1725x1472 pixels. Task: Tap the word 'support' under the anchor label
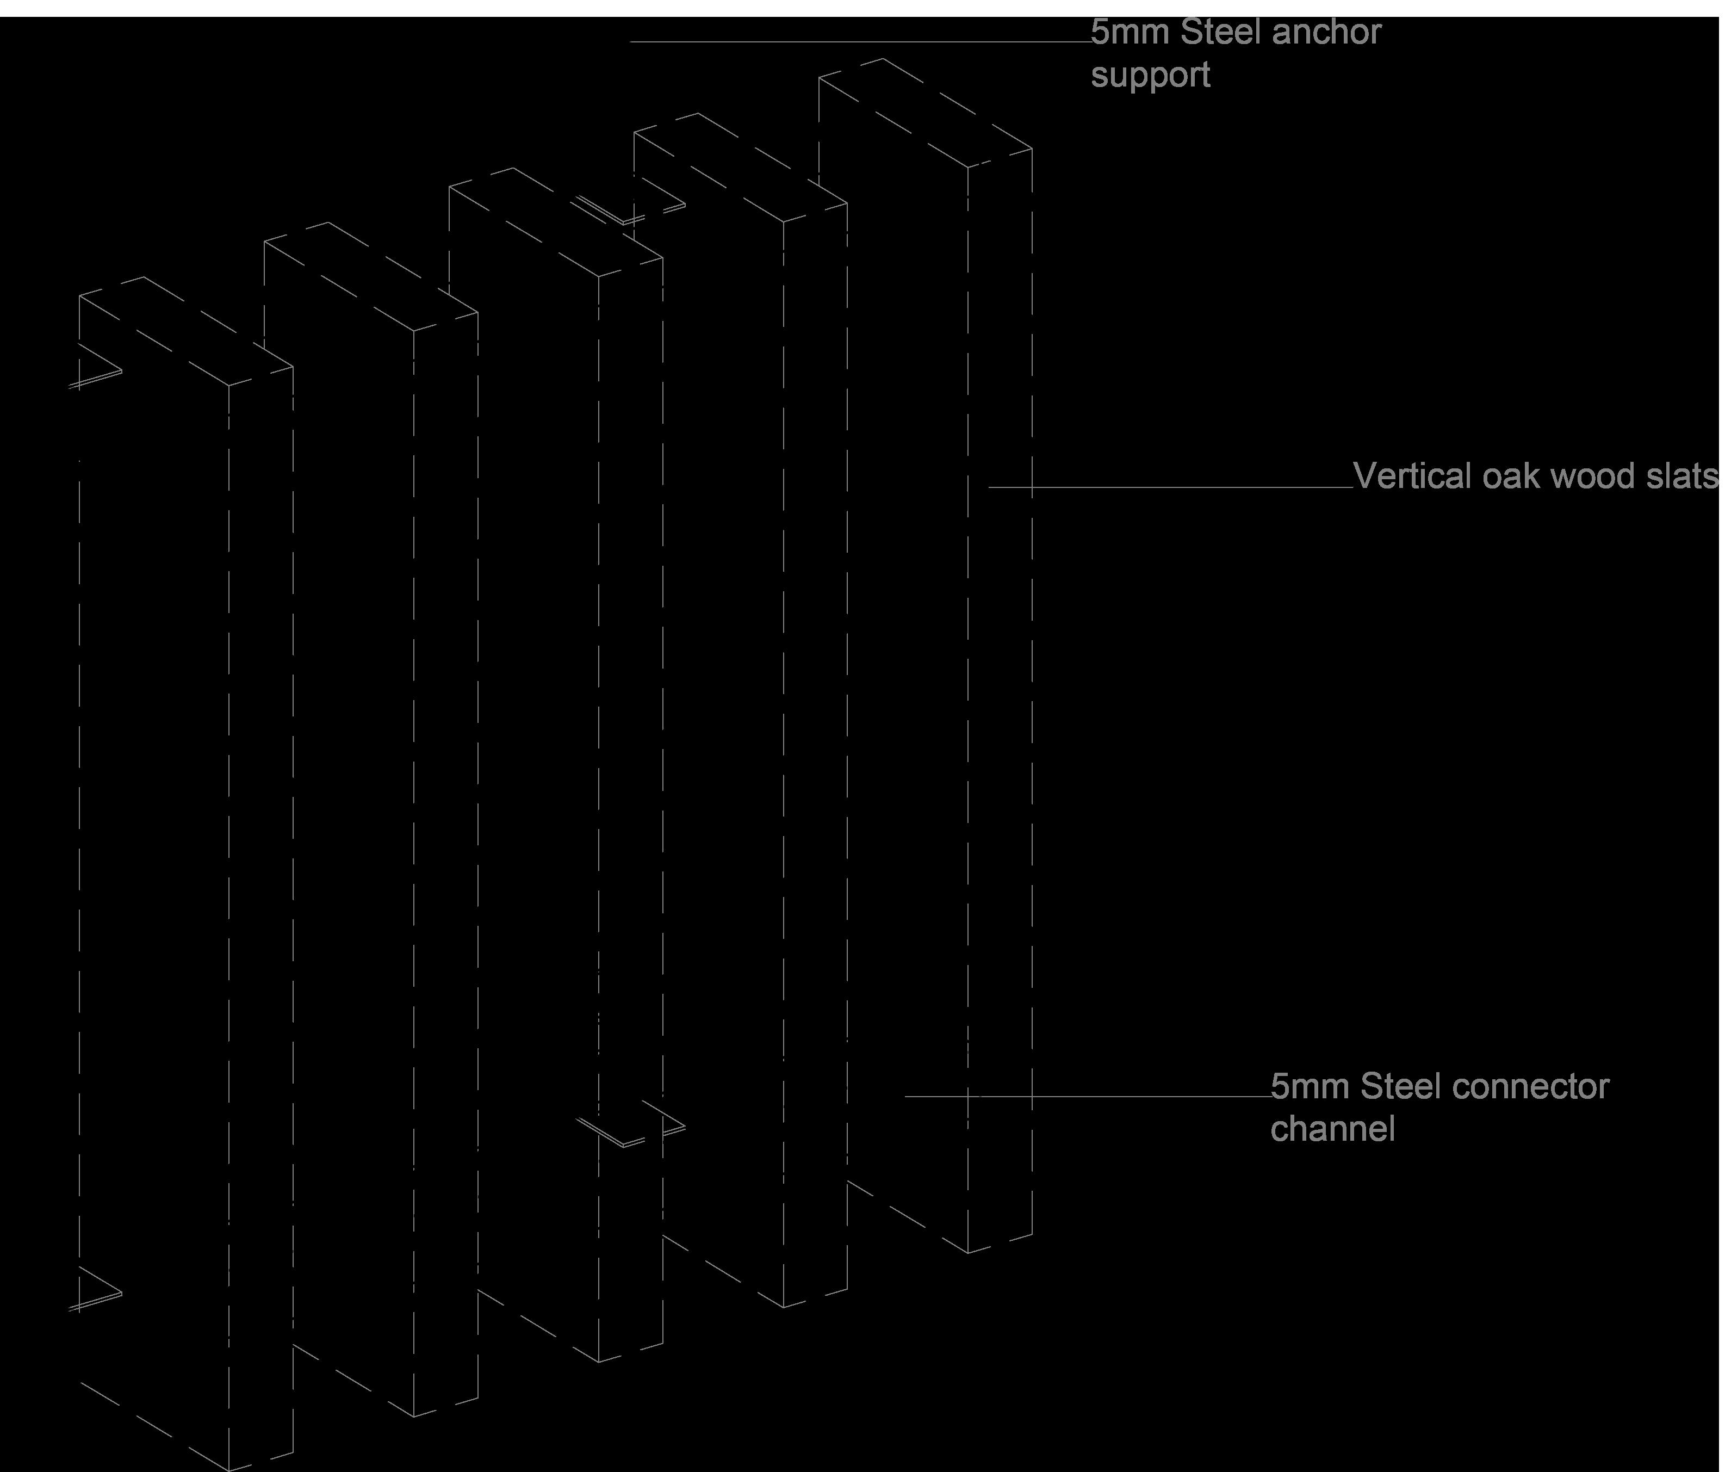tap(1151, 76)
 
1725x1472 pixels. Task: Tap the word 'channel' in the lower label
tap(1332, 1130)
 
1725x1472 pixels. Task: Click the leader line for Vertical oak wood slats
tap(1165, 487)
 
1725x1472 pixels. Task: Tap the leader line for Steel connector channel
tap(1082, 1097)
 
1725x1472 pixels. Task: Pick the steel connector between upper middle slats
tap(632, 212)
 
